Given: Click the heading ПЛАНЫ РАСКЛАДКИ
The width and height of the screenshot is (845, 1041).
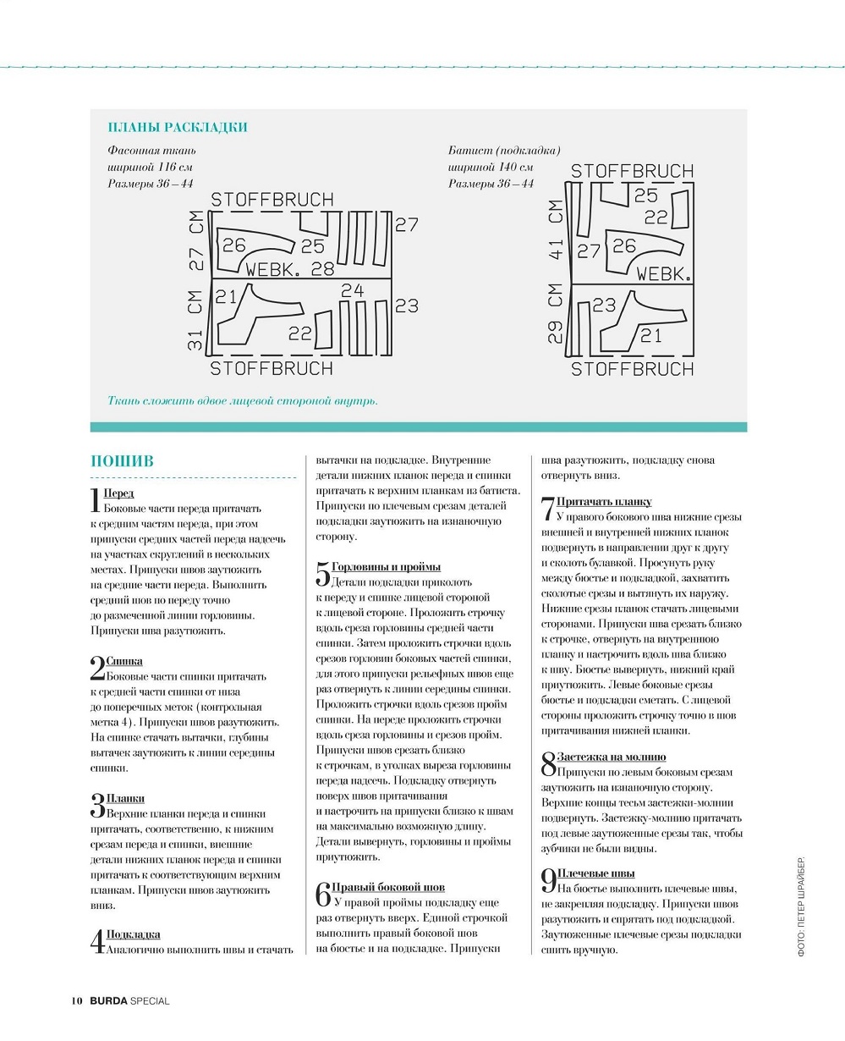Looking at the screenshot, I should [x=178, y=128].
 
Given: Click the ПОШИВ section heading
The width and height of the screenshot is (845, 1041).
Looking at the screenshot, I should [x=122, y=461].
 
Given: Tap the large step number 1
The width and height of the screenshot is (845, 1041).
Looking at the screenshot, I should [x=95, y=500].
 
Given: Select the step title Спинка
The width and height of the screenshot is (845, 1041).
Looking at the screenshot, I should [x=124, y=661].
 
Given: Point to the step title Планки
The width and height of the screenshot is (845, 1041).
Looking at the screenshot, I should [x=125, y=798].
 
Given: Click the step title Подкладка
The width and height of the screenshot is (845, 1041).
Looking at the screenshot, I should [x=133, y=934].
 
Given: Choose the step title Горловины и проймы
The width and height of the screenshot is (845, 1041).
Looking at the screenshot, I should [x=386, y=566].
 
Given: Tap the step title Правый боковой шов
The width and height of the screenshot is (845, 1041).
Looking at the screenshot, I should [x=388, y=887].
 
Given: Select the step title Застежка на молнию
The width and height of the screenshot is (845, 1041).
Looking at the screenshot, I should [x=611, y=757].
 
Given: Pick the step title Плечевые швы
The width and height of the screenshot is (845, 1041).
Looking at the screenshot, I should [x=595, y=873].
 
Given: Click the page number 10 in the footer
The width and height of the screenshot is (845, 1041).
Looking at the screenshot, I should [x=76, y=1001].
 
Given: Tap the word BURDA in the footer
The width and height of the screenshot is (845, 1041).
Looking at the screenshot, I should [x=107, y=1001].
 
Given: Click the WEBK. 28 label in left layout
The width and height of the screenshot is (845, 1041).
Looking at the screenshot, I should [x=289, y=270].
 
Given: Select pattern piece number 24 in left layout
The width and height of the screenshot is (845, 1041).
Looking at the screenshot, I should [x=352, y=291].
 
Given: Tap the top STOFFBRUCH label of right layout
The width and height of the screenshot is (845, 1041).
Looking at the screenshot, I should [x=632, y=172].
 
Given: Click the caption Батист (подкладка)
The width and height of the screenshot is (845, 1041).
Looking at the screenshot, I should [x=504, y=150].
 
